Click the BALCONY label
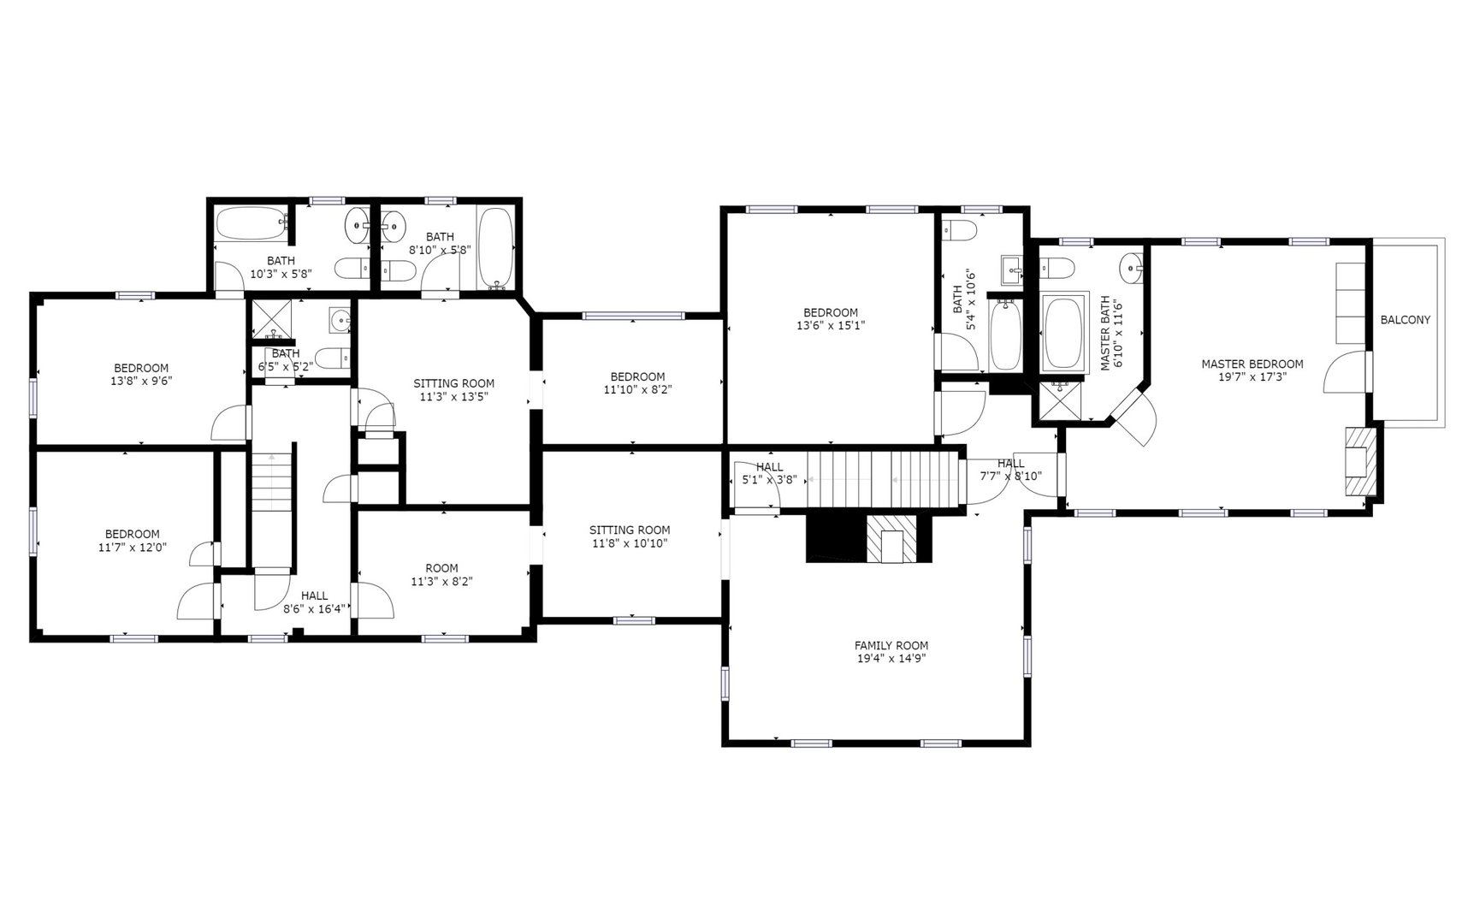1406,320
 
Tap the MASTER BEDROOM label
1252,364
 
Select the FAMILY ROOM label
891,645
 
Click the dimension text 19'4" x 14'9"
891,659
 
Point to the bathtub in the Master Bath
1064,334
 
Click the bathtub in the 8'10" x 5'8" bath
496,249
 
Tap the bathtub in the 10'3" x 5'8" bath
252,224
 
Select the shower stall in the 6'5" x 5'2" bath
272,320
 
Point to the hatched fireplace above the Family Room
891,538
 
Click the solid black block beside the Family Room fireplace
836,537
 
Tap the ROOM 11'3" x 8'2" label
442,574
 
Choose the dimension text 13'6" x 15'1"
830,325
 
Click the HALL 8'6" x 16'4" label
314,602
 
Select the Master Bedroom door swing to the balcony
1345,372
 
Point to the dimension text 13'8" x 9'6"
141,381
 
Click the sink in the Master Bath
1132,268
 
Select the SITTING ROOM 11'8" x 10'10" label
629,536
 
